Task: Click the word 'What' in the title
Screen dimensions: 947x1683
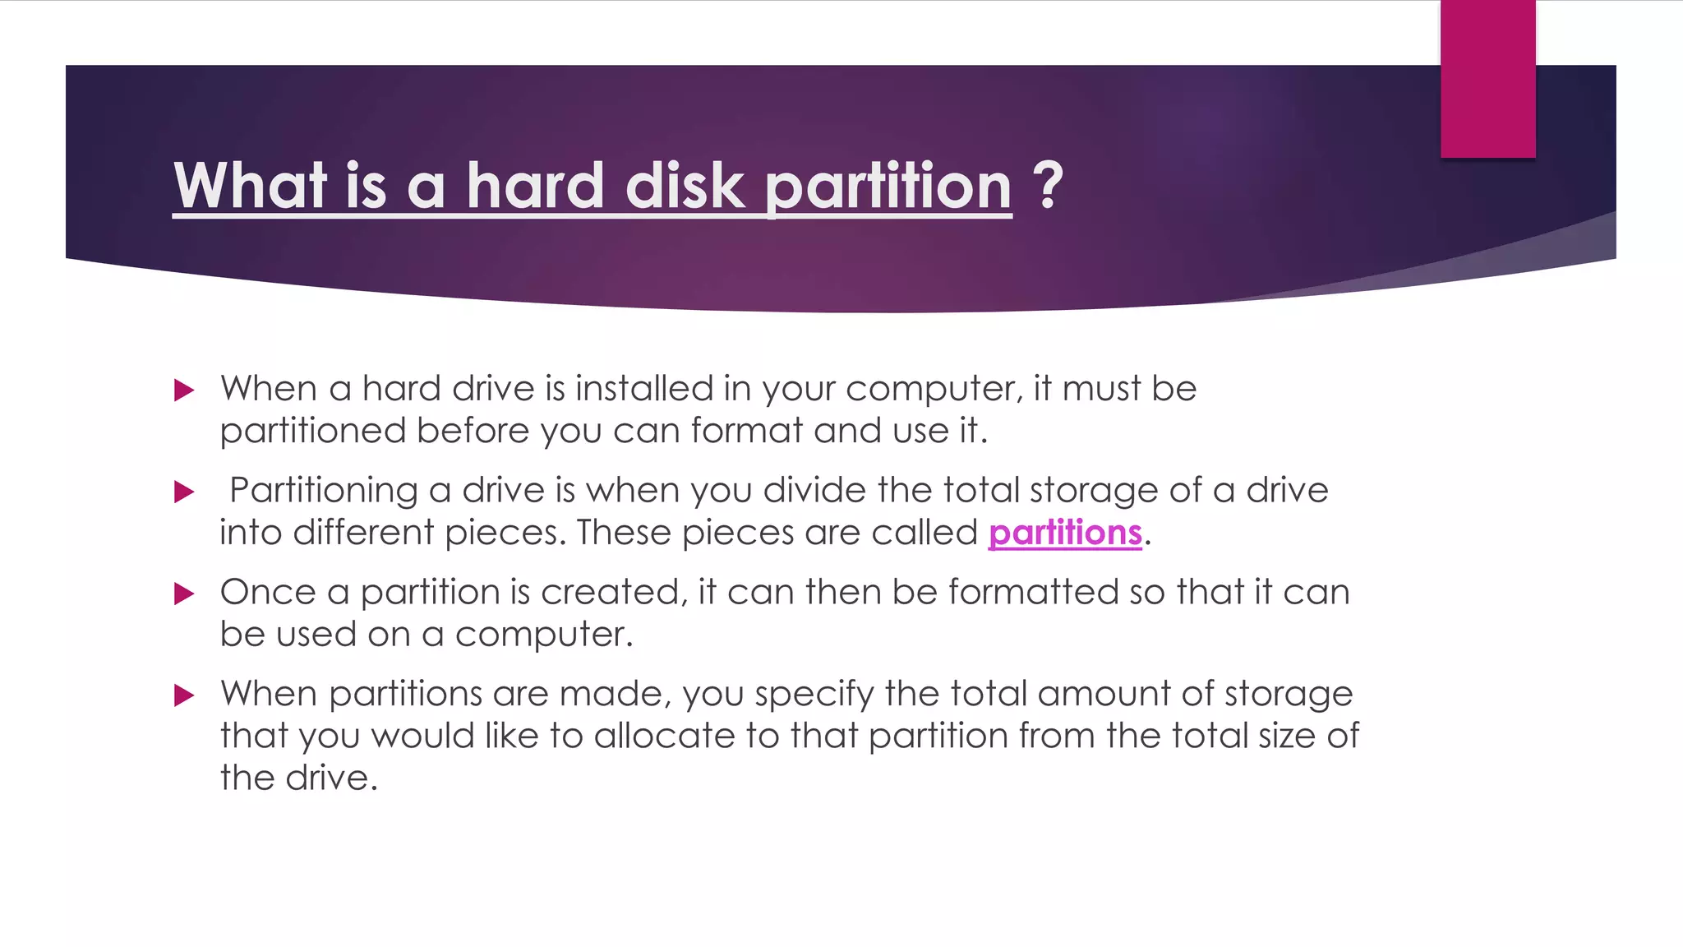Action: (x=251, y=186)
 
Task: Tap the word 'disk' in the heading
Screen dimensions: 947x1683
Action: (x=685, y=186)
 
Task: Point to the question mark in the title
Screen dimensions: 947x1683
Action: (x=1048, y=186)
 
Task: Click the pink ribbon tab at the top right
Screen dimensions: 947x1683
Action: (x=1487, y=79)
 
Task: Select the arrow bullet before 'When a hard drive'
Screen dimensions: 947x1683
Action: (x=184, y=390)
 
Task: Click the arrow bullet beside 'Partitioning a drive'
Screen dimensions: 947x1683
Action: (x=184, y=492)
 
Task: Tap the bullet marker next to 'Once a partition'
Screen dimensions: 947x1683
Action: (x=184, y=594)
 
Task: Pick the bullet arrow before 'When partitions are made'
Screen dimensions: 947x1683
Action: (x=184, y=695)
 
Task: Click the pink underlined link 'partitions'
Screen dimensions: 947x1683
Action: (x=1065, y=533)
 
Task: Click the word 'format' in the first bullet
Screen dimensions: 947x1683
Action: (x=746, y=431)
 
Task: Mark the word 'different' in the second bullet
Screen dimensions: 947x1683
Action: (x=363, y=533)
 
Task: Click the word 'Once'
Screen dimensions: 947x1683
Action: (x=268, y=592)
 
